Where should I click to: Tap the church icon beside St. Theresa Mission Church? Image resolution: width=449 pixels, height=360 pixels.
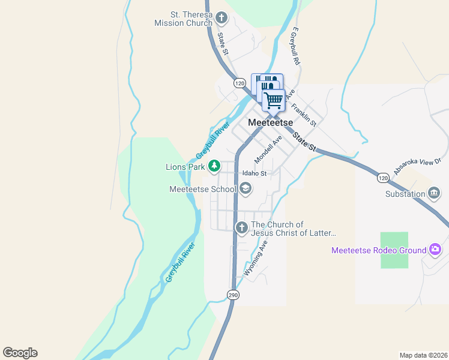point(221,18)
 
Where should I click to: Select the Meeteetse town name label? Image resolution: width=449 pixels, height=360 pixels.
point(270,122)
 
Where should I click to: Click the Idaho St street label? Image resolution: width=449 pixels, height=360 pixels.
point(254,173)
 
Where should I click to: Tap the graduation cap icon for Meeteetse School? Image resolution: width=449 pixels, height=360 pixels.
point(245,189)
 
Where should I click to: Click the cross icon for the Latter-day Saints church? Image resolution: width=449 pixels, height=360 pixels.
point(241,227)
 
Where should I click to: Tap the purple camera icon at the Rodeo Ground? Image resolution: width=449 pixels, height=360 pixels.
point(435,250)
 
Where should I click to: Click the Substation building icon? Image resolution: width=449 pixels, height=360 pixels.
point(434,193)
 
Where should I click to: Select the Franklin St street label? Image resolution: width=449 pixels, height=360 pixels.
point(304,114)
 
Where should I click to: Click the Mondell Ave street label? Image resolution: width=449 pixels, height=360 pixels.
point(268,149)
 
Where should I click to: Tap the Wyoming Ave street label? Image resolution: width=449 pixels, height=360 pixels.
point(256,259)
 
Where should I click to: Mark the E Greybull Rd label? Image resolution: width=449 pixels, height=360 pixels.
point(295,46)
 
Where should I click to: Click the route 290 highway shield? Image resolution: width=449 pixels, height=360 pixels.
point(233,295)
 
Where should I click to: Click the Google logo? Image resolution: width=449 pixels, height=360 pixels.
point(20,353)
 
